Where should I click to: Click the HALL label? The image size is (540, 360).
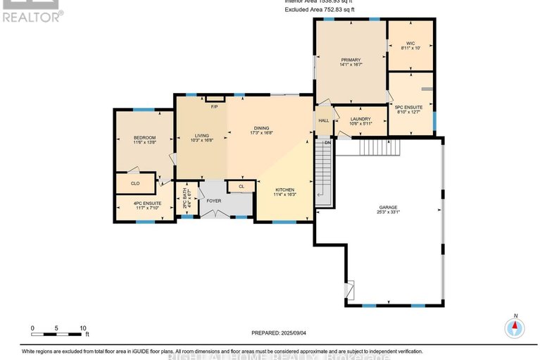324,120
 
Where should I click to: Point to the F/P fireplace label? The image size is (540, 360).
214,106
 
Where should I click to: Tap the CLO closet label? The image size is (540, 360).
135,183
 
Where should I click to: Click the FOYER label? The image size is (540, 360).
214,199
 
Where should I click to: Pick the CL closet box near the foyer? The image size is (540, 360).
241,187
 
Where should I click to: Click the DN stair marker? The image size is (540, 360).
327,143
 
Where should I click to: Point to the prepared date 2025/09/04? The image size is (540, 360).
280,333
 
